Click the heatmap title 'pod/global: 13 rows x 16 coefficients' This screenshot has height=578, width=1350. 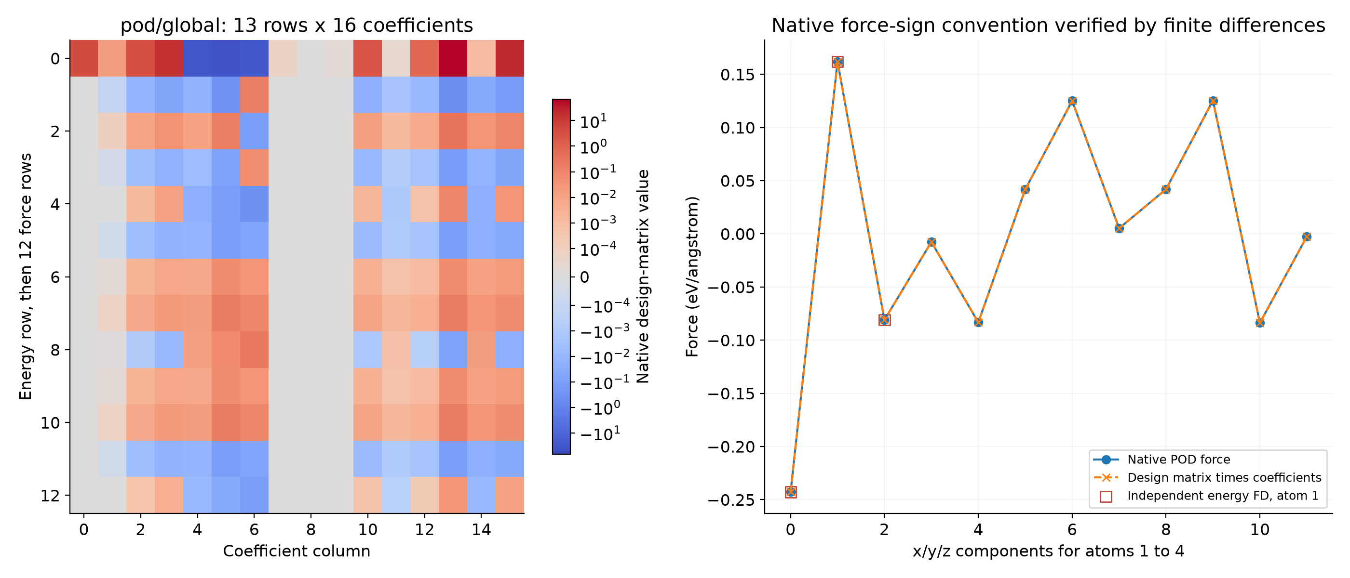click(297, 25)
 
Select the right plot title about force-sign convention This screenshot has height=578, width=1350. click(1048, 25)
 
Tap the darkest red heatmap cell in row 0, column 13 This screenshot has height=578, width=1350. click(453, 58)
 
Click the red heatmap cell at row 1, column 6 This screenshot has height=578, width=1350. click(254, 95)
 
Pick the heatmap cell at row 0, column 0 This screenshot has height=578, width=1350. click(84, 58)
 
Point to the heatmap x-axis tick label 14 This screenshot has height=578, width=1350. click(481, 530)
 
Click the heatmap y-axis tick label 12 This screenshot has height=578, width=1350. click(50, 495)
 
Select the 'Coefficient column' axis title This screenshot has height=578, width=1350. click(297, 552)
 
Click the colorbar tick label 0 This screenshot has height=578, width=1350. click(584, 277)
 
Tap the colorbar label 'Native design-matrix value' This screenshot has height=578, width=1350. click(643, 276)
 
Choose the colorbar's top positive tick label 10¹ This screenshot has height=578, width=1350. click(593, 121)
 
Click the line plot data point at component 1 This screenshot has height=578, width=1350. click(837, 62)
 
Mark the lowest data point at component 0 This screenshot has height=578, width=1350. click(791, 492)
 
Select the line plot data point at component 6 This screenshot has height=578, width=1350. click(1072, 101)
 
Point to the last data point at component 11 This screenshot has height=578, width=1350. click(1307, 236)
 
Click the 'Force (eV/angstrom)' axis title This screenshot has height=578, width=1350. click(692, 276)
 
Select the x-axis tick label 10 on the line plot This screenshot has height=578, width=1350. click(1260, 530)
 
